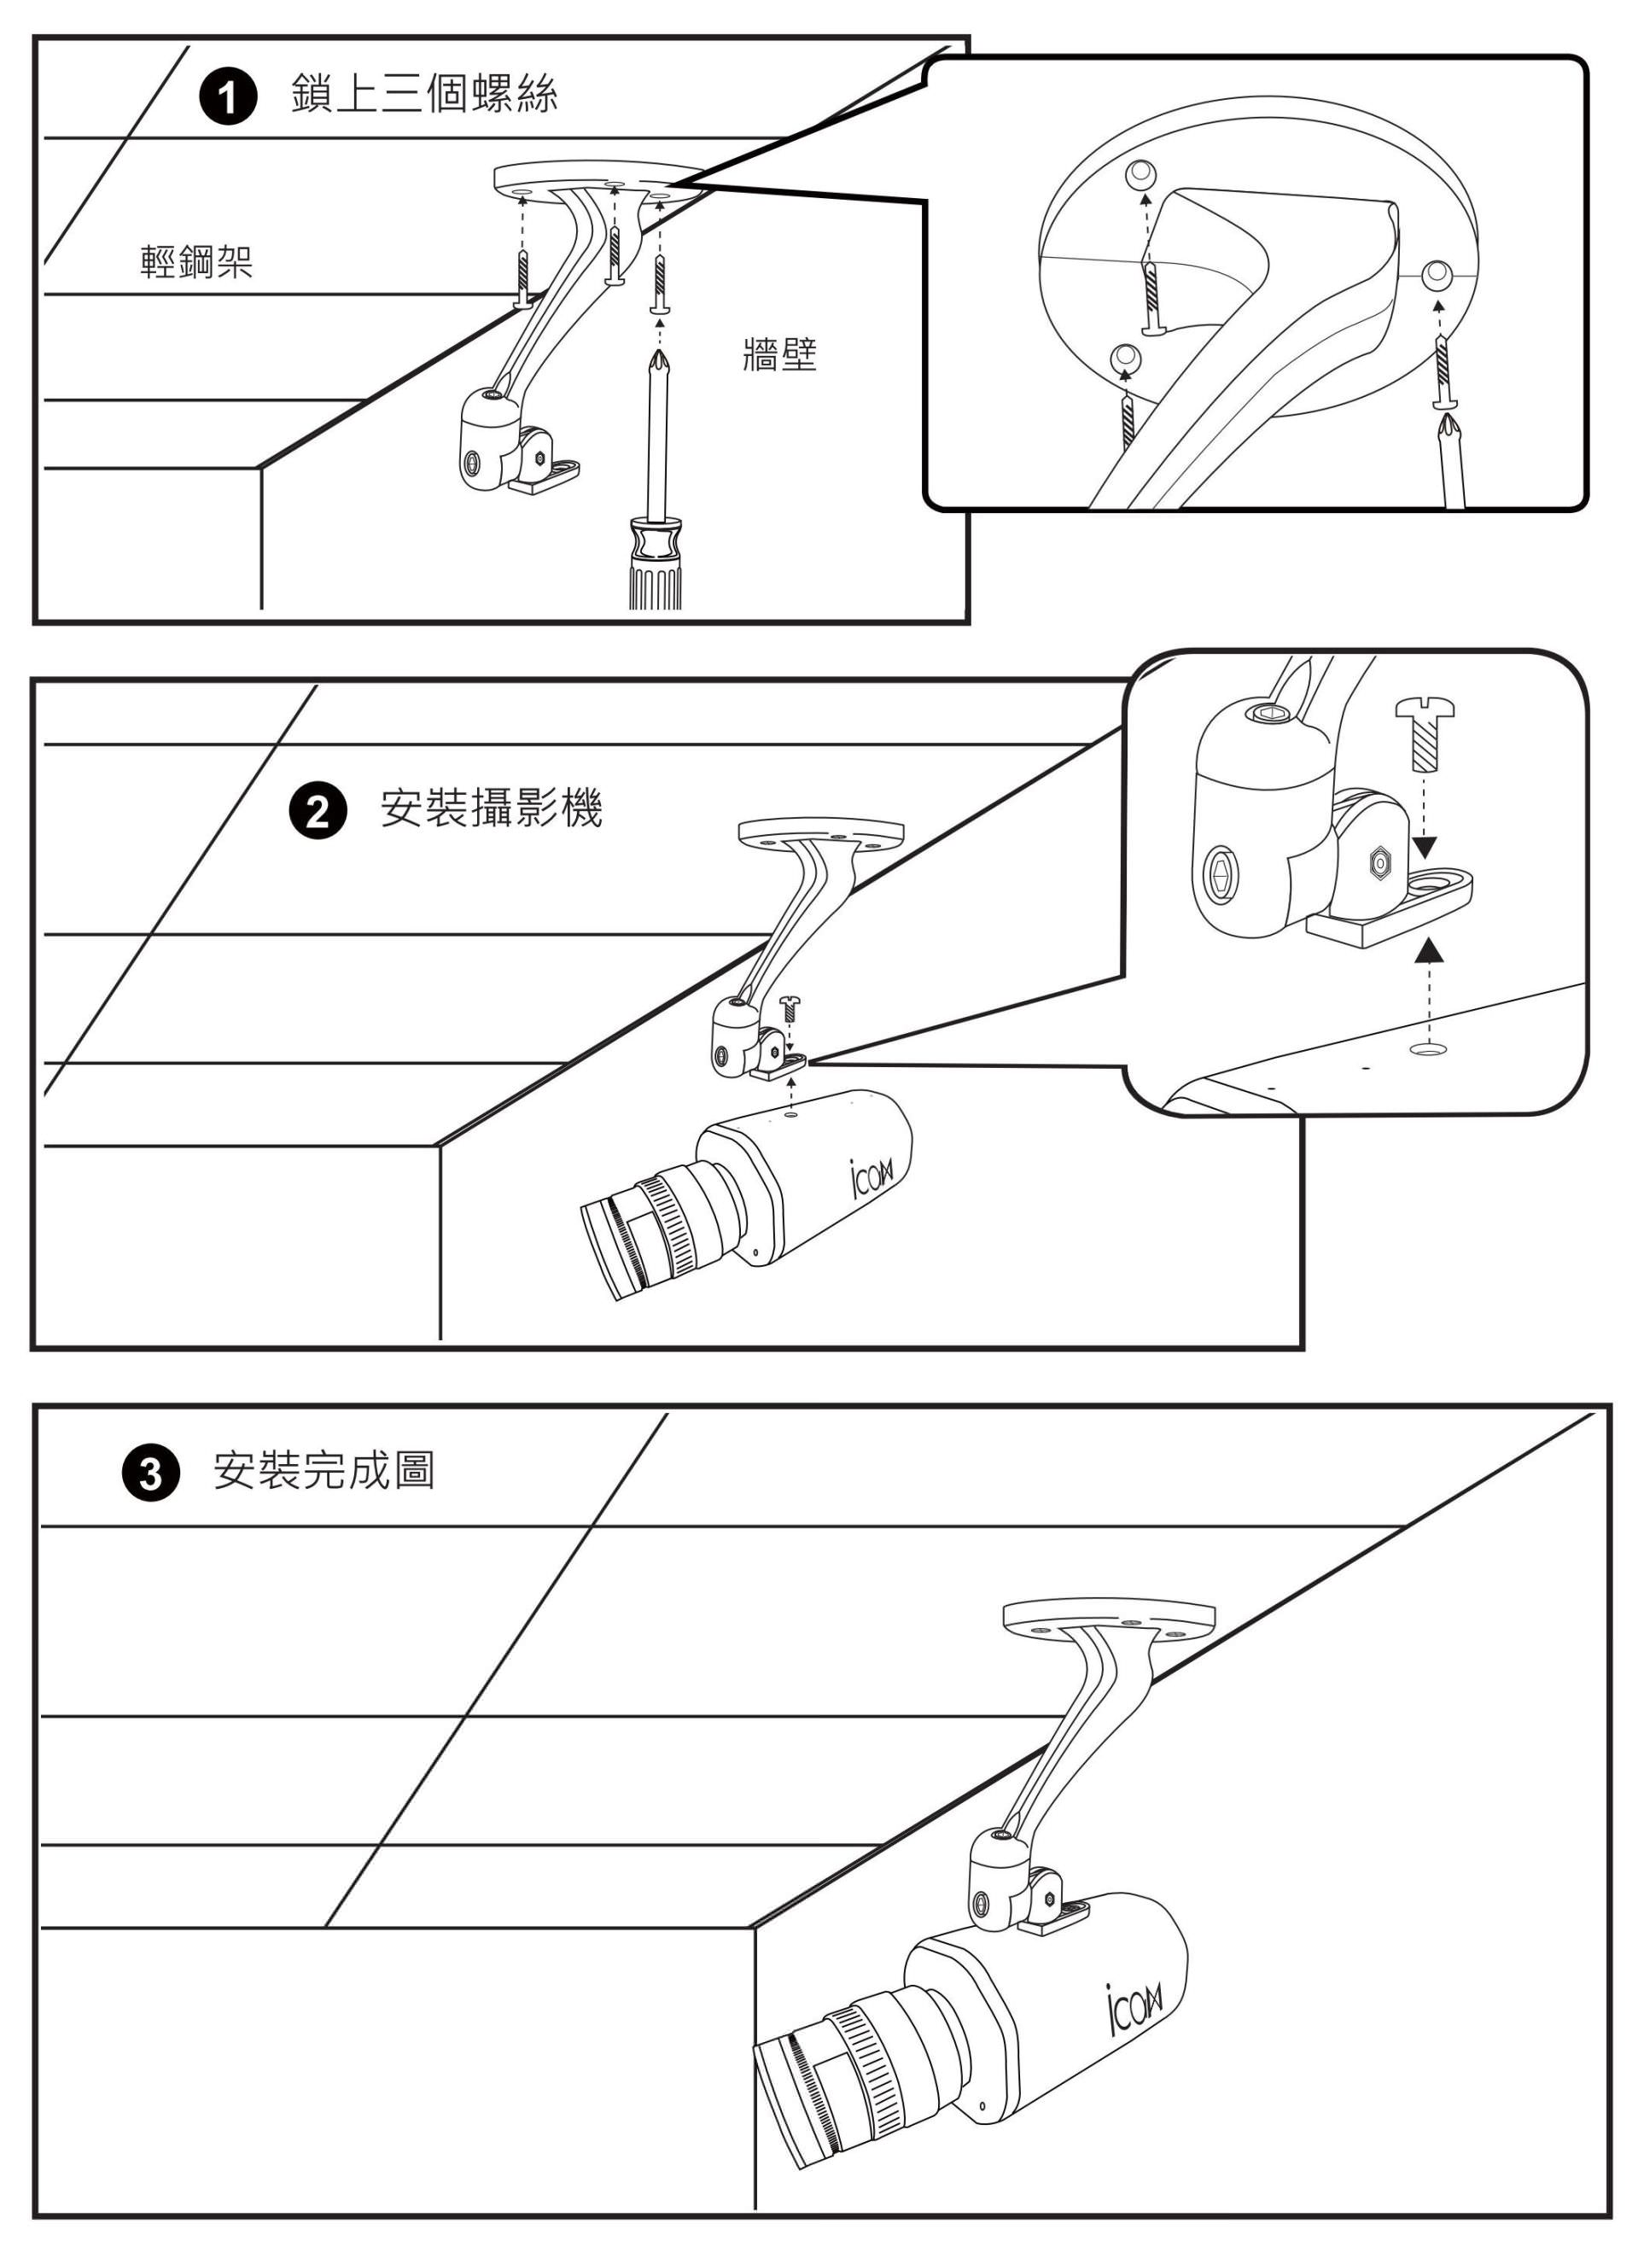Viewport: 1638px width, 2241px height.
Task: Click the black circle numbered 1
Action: tap(229, 100)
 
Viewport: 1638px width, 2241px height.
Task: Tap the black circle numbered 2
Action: tap(318, 812)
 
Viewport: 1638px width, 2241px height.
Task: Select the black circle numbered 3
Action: tap(149, 1474)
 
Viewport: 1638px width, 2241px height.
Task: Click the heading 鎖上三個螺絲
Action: tap(424, 94)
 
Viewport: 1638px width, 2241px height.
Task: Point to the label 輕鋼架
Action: tap(196, 262)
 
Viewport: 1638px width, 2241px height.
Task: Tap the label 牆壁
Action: tap(779, 354)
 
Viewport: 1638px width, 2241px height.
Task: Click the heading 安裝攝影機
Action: tap(492, 808)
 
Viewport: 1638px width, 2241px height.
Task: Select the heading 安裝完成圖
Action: tap(324, 1469)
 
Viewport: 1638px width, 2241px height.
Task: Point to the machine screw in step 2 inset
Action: tap(1425, 735)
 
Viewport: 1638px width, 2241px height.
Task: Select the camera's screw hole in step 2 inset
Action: tap(1427, 1048)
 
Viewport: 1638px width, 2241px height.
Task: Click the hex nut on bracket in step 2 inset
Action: tap(1377, 861)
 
